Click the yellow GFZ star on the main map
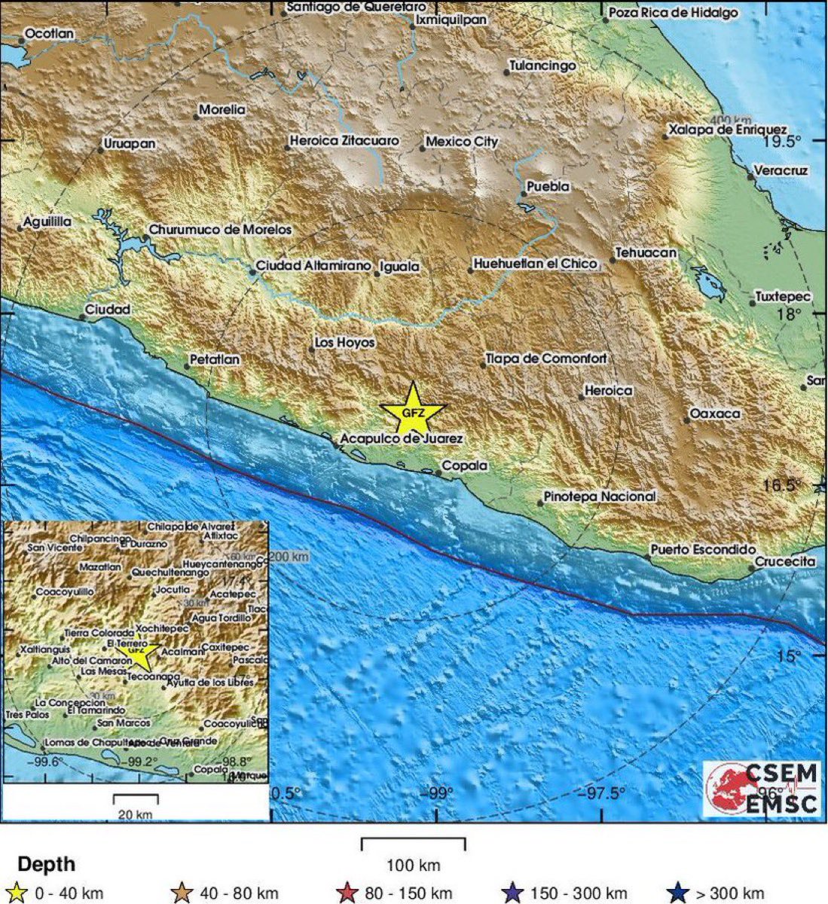point(412,411)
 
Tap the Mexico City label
point(462,142)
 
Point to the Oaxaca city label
point(714,414)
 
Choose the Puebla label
point(548,186)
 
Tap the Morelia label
point(222,110)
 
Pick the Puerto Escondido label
point(702,550)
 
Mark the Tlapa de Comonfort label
point(545,359)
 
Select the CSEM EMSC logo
point(762,788)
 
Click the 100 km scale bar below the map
point(413,844)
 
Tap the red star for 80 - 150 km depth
point(347,893)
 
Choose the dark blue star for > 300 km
point(680,893)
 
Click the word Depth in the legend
point(46,864)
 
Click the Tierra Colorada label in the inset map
point(99,634)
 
